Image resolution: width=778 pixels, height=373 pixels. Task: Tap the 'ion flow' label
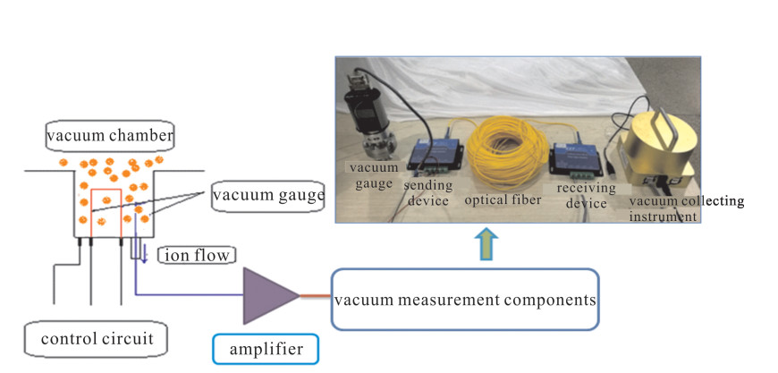pyautogui.click(x=196, y=255)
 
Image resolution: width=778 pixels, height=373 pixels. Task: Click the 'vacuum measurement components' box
pyautogui.click(x=465, y=298)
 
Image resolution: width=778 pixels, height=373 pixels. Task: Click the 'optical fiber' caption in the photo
pyautogui.click(x=503, y=200)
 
